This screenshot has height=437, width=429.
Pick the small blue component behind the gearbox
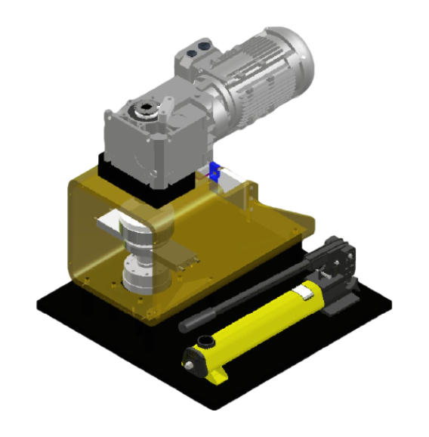coord(216,172)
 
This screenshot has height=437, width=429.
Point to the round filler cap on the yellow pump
coord(205,340)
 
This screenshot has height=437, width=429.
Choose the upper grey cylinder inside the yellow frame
coord(140,234)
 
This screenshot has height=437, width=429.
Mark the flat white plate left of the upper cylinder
coord(106,224)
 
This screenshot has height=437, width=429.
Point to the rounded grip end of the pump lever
coord(185,326)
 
